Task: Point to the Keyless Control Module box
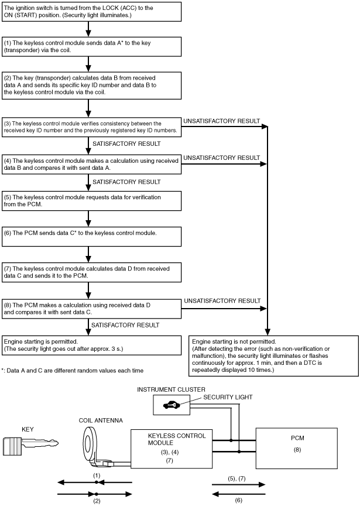coord(172,449)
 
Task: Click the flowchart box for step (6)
coord(92,237)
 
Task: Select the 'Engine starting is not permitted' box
coord(273,356)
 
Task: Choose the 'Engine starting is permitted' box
coord(92,346)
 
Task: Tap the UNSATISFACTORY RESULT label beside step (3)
coord(222,121)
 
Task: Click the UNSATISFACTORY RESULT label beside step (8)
coord(222,301)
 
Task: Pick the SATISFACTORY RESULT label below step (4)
coord(126,182)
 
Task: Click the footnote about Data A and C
coord(72,371)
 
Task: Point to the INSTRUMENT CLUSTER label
coord(171,389)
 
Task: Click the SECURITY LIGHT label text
coord(228,397)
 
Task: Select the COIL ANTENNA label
coord(101,420)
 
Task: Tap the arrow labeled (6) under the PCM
coord(239,494)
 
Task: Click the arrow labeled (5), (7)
coord(239,484)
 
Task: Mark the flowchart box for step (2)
coord(92,86)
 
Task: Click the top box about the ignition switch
coord(92,12)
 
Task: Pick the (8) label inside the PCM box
coord(297,450)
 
